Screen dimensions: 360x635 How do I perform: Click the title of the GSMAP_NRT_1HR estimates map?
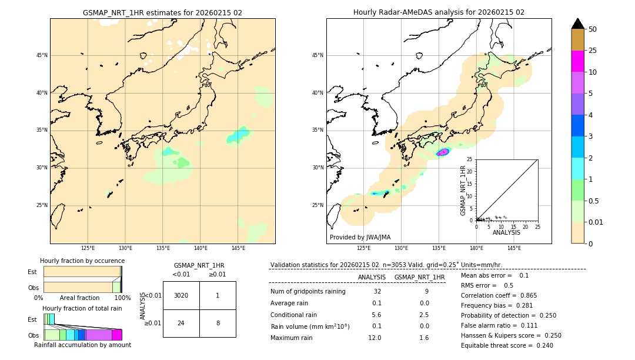(162, 12)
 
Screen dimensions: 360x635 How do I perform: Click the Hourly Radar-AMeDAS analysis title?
(439, 12)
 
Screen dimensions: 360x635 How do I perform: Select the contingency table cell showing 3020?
(181, 295)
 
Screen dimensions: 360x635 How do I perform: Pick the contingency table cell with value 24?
(181, 323)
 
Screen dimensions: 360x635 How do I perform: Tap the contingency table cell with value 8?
(218, 323)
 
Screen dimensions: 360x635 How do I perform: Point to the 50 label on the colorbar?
(593, 29)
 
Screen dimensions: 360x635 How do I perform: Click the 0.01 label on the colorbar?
(596, 222)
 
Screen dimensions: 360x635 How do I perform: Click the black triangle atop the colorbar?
(578, 24)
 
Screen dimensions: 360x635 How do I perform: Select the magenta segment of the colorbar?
(578, 61)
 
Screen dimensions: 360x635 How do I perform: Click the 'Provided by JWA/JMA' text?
(360, 237)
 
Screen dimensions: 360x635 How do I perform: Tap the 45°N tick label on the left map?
(42, 55)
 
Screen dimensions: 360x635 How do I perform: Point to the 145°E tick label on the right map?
(514, 248)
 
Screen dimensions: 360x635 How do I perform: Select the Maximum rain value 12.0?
(375, 338)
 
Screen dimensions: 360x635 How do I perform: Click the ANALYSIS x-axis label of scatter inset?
(506, 232)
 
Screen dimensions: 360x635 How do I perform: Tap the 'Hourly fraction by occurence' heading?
(82, 261)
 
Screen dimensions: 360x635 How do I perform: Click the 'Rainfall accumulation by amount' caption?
(82, 345)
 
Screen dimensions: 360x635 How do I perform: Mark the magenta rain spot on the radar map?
(443, 152)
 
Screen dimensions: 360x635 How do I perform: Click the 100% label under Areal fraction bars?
(122, 298)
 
